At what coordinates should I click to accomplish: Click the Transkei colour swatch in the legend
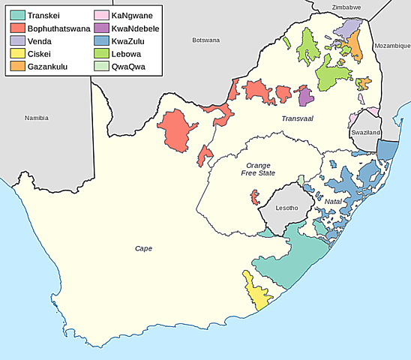point(16,15)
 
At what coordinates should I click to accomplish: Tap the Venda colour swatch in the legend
point(16,41)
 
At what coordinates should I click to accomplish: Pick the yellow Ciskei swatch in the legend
point(16,54)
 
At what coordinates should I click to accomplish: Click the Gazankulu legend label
point(50,67)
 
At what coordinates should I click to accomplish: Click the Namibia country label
point(36,118)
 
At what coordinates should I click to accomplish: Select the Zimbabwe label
point(346,7)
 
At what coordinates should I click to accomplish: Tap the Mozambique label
point(392,45)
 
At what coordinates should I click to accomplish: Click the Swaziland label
point(365,133)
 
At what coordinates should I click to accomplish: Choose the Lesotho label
point(286,208)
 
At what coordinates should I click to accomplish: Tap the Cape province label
point(143,248)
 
